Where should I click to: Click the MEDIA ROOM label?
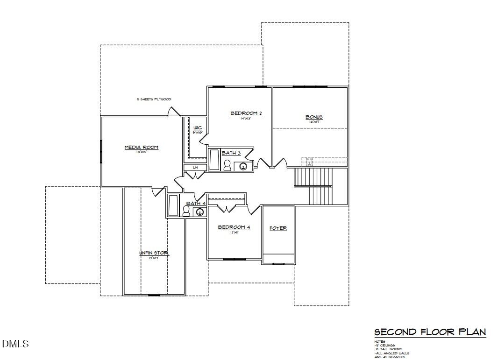click(141, 148)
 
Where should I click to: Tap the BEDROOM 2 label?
click(246, 113)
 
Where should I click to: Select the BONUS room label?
click(314, 117)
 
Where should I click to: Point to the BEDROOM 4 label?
click(234, 227)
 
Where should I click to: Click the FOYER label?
click(278, 228)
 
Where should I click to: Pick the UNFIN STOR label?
click(154, 253)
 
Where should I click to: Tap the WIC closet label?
click(198, 127)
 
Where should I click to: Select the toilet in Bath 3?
click(227, 165)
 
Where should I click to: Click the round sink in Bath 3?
click(243, 166)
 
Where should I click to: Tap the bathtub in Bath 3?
click(214, 160)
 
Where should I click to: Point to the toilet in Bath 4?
click(186, 212)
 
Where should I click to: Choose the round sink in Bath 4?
click(200, 212)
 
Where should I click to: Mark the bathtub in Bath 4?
click(173, 206)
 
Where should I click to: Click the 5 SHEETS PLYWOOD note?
click(154, 99)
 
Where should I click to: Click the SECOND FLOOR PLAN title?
click(430, 332)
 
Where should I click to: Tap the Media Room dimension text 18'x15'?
click(141, 153)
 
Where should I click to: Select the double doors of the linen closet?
click(194, 175)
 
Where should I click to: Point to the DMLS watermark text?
click(16, 344)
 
